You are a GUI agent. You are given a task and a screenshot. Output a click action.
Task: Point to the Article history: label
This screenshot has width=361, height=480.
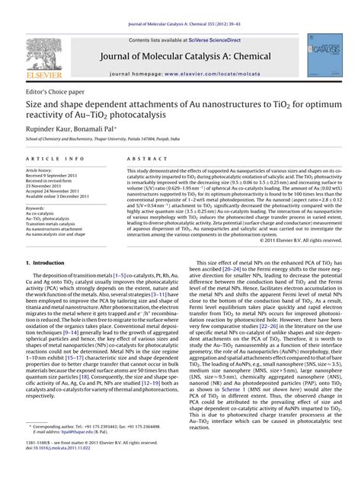[x=39, y=170]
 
